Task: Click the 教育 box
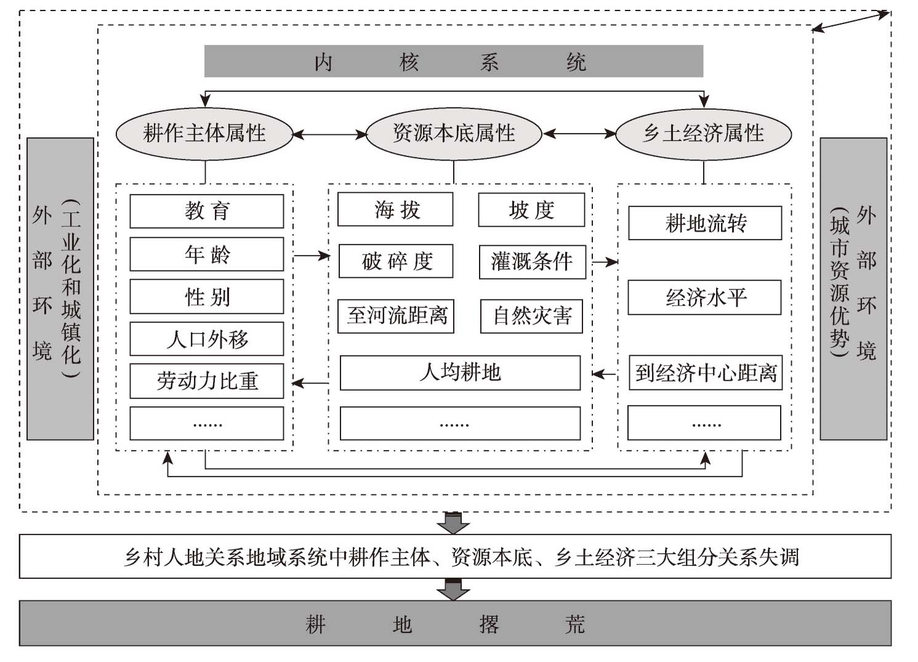pos(207,211)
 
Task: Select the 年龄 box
pos(207,254)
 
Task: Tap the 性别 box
pos(207,296)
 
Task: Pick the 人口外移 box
pos(207,339)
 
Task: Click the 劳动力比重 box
pos(207,381)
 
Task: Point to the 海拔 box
pos(395,209)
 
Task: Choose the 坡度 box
pos(531,210)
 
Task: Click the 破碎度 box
pos(396,261)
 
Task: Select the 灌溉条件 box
pos(533,262)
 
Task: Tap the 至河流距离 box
pos(396,316)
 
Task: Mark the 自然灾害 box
pos(531,316)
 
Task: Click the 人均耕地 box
pos(460,373)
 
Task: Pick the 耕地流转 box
pos(706,223)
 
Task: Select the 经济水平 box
pos(705,297)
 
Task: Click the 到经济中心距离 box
pos(706,373)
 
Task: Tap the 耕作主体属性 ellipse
pos(204,134)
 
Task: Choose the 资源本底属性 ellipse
pos(454,134)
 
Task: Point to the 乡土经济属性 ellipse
pos(704,134)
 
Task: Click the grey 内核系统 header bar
pos(454,61)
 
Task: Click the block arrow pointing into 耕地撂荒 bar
pos(453,589)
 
